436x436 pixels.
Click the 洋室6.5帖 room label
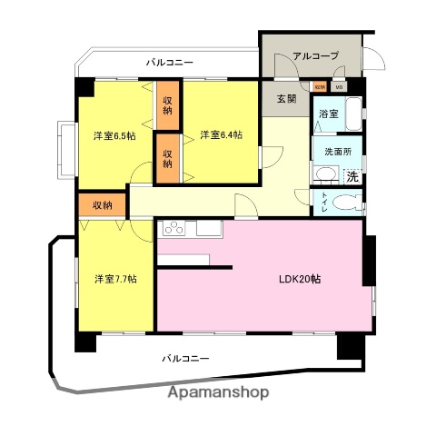tap(114, 136)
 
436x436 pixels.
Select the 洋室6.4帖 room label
tap(222, 136)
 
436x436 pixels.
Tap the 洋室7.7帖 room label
tap(114, 279)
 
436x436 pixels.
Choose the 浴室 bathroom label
tap(328, 114)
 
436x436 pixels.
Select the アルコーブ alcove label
tap(315, 56)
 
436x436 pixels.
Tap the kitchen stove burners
tap(173, 229)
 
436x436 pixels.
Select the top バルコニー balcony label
tap(170, 63)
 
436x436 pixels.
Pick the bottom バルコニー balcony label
tap(185, 359)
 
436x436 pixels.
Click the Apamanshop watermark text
tap(218, 393)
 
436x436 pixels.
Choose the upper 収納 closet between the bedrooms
tap(168, 104)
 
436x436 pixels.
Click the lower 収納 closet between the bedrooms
tap(168, 158)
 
